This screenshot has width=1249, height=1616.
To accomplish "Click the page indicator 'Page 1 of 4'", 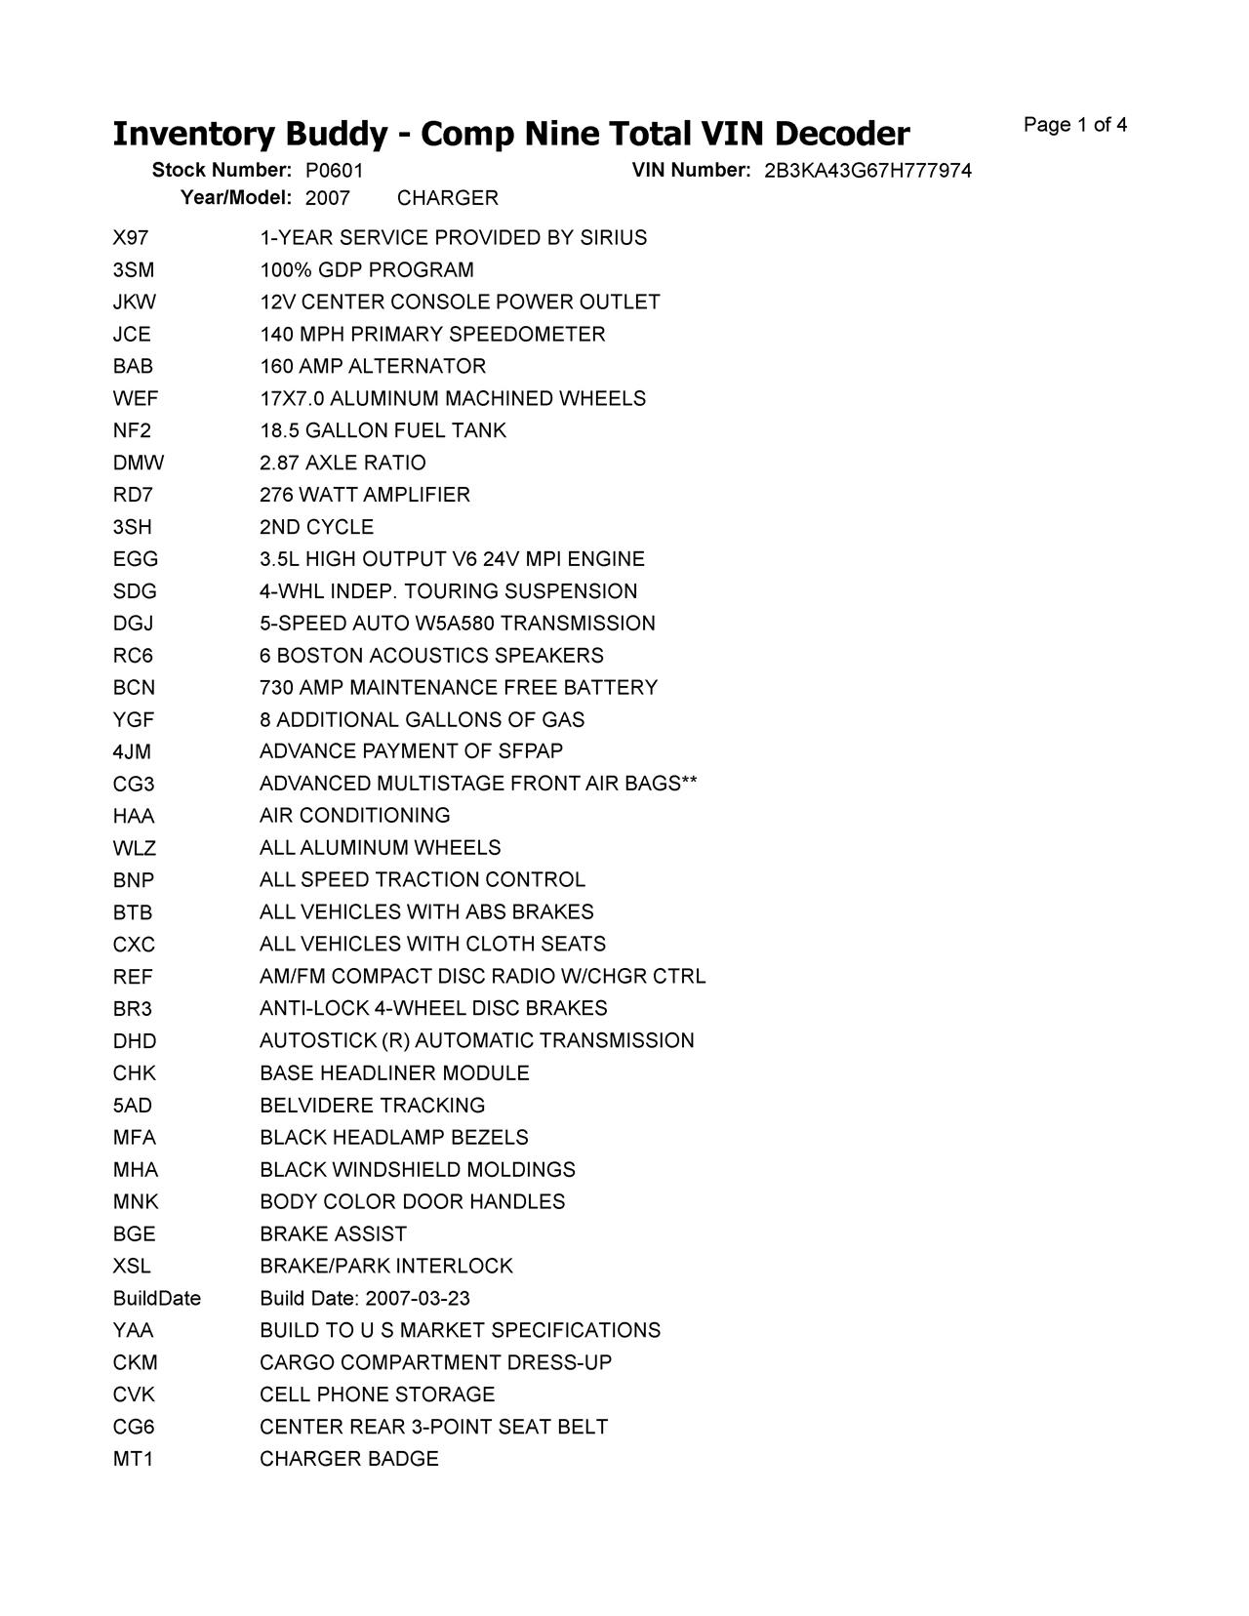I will point(1074,125).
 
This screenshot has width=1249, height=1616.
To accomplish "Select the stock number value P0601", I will point(334,171).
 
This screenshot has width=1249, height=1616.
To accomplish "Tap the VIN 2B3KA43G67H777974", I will point(867,171).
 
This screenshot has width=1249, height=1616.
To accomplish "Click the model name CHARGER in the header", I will point(447,198).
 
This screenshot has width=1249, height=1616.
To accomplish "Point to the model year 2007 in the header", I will point(327,198).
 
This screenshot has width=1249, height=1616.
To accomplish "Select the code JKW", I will point(135,303).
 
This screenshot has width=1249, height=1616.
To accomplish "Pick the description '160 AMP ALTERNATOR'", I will point(373,367).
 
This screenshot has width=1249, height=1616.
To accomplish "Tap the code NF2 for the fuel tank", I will point(132,430).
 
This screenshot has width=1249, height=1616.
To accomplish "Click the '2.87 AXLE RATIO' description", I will point(342,463).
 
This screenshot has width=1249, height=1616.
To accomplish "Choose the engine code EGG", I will point(135,559).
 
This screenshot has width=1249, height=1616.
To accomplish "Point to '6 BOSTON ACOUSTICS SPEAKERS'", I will point(431,656).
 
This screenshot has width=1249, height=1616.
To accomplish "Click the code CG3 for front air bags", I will point(134,784).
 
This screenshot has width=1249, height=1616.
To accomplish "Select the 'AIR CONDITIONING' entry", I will point(355,815).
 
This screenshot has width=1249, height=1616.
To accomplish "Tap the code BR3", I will point(133,1008).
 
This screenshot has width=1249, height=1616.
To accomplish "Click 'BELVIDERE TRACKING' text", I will point(372,1106).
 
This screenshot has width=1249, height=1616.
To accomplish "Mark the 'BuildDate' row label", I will point(157,1298).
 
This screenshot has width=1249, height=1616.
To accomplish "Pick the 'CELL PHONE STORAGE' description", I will point(377,1394).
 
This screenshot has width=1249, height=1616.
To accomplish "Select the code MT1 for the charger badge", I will point(133,1459).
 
